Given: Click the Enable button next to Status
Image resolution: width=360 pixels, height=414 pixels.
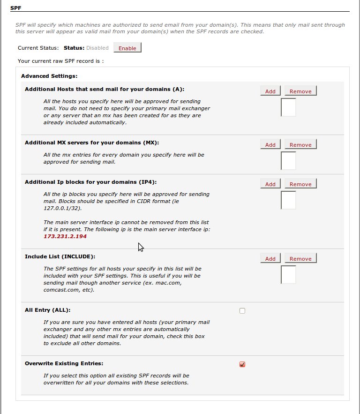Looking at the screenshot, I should [127, 48].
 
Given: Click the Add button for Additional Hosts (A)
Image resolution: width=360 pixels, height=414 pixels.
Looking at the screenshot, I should [270, 91].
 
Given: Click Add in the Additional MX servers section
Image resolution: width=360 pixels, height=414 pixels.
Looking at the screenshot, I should [270, 144].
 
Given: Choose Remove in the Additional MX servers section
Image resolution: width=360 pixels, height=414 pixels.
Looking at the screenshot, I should [300, 144].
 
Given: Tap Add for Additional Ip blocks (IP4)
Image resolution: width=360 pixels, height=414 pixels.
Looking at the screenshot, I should [270, 184].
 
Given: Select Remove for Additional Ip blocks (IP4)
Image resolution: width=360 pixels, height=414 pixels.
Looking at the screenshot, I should [300, 184].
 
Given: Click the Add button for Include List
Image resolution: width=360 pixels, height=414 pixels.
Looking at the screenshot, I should [270, 258].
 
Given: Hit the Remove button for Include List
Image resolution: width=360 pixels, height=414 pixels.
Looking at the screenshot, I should [300, 258].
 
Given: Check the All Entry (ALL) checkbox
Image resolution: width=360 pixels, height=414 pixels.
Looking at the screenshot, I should [242, 310].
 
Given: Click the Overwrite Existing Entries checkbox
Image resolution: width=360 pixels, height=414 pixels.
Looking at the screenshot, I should [242, 364].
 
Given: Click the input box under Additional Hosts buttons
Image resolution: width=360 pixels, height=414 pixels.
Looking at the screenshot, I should [288, 107].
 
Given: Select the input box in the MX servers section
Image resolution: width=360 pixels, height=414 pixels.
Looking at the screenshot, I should [288, 160].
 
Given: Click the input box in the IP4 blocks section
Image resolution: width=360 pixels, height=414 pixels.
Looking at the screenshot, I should [288, 200].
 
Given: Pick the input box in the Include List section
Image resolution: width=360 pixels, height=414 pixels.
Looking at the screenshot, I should [288, 274].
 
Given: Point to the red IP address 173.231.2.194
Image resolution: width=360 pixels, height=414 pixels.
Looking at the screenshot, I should [65, 236].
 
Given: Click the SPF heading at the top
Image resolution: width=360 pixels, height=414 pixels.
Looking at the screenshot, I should [15, 8].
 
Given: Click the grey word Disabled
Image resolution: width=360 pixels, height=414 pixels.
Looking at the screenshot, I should [97, 48].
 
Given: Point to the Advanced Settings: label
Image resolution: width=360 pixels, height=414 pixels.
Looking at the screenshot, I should [49, 75].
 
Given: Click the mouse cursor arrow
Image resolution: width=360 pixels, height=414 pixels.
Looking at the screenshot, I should [140, 247].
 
